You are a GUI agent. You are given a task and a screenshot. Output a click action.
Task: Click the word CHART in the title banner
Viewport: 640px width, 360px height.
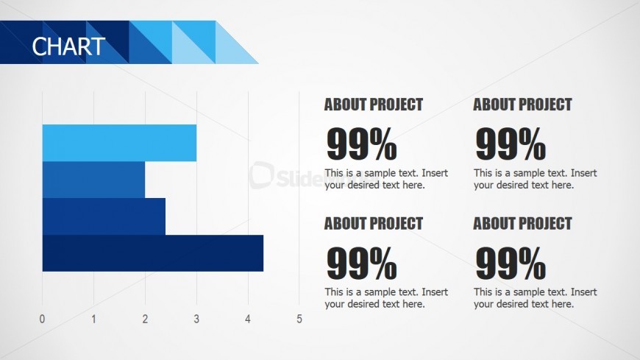(68, 46)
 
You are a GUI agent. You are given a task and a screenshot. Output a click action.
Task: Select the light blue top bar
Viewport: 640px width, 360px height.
(119, 143)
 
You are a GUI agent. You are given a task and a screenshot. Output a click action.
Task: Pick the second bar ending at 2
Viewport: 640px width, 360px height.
(93, 180)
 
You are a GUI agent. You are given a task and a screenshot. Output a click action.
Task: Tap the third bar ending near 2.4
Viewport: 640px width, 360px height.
(104, 216)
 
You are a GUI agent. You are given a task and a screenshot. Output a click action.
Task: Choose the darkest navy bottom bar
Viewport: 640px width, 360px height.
(152, 253)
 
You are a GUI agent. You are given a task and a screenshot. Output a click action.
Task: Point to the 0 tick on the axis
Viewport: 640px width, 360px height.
(42, 320)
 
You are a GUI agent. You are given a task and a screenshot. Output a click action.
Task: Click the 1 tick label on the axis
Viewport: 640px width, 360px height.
(93, 320)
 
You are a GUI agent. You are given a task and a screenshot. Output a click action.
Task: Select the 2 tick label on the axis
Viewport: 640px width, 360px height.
(145, 320)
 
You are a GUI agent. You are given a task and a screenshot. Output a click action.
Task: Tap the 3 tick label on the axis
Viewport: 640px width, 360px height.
(196, 320)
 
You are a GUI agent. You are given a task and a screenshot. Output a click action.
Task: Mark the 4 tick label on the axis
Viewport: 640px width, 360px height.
(248, 320)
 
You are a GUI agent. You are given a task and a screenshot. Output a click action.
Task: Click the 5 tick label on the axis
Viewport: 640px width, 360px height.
(299, 320)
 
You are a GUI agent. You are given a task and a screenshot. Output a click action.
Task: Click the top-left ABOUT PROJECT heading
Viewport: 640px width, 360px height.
(374, 105)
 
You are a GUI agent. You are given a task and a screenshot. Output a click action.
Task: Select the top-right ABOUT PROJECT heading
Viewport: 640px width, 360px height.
(522, 105)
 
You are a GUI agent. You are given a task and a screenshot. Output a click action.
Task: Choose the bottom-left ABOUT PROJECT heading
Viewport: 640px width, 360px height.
(374, 223)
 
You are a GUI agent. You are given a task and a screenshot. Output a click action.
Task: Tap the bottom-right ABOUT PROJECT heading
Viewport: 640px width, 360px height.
(522, 223)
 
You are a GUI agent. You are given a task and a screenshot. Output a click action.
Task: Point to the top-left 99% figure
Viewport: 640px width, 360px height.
(361, 144)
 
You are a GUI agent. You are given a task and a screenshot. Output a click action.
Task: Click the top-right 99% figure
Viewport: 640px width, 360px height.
(511, 144)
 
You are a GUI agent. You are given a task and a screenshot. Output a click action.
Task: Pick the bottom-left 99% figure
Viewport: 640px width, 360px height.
(361, 264)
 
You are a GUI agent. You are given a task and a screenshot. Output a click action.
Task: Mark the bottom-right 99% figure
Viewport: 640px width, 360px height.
(511, 264)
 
